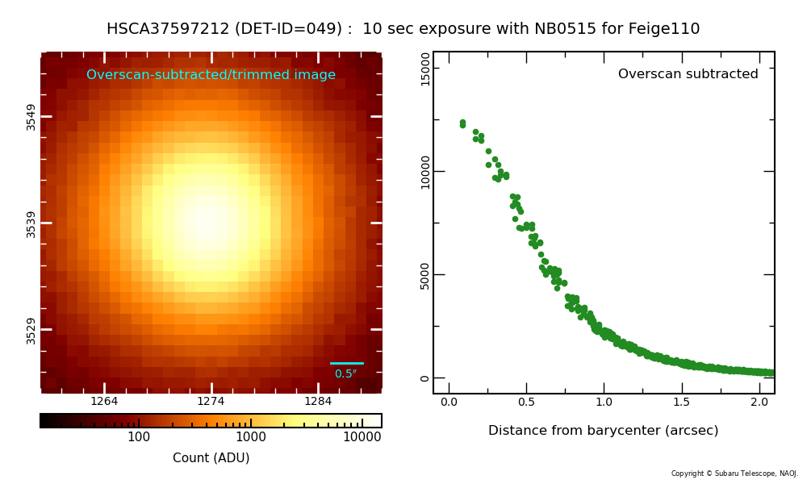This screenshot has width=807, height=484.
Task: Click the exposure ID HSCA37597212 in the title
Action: [169, 29]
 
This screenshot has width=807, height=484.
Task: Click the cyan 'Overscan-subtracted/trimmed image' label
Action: [211, 75]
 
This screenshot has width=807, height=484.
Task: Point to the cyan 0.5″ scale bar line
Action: [347, 363]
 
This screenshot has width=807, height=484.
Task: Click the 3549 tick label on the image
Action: [31, 116]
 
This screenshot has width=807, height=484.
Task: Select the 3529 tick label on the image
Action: [31, 330]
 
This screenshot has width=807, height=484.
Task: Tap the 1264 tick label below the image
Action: [104, 402]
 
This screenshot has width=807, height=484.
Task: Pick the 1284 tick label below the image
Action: [318, 402]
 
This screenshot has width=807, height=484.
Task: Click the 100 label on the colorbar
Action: [139, 437]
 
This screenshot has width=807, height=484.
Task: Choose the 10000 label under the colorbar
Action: [362, 437]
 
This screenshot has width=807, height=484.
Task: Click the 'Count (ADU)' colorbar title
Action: [211, 458]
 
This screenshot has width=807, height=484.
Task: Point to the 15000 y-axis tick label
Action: [425, 69]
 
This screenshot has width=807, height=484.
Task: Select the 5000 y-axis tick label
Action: [425, 275]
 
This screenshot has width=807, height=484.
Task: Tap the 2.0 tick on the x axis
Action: [759, 402]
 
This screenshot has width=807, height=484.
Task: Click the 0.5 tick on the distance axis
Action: [526, 402]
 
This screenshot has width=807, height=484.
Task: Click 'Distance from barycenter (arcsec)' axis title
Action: [603, 431]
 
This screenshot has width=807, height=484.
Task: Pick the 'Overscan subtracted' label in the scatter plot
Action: [688, 74]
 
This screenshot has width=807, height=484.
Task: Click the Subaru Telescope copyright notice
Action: [734, 474]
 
